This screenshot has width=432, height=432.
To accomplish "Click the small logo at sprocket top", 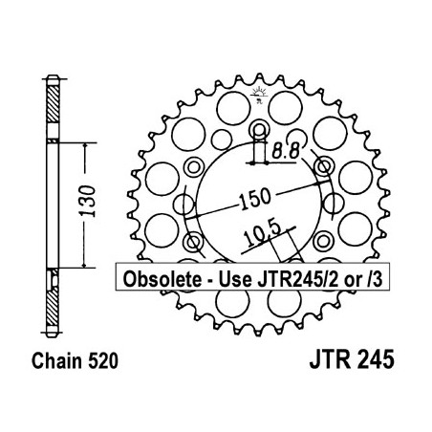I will click(257, 92).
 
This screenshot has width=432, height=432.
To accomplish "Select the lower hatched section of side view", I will click(51, 300).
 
